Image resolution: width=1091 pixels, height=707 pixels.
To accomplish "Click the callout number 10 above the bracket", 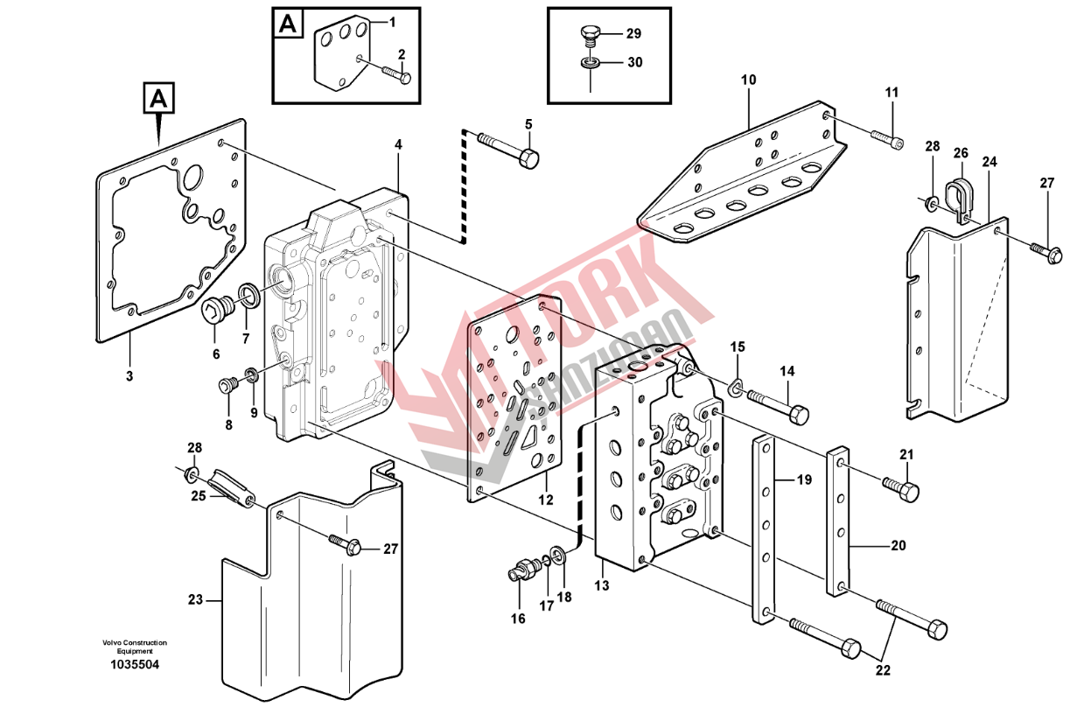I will click(748, 80).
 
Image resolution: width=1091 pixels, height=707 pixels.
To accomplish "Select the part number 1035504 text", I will click(134, 665).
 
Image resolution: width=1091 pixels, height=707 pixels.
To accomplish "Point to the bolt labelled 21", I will click(900, 488).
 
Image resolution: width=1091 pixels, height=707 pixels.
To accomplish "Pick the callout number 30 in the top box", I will click(634, 63).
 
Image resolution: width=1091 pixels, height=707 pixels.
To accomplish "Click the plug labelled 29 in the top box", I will click(591, 36).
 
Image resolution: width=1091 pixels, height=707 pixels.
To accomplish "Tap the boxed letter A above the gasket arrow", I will click(157, 99).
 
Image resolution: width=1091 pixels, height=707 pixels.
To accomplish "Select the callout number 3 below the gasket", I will click(129, 377).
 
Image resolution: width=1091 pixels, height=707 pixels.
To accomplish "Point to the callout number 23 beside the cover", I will click(195, 600).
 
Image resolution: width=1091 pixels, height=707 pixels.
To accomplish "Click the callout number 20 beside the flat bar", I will click(899, 547).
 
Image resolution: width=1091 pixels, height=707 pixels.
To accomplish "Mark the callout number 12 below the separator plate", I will click(546, 501).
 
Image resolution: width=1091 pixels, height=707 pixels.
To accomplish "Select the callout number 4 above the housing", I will click(398, 143).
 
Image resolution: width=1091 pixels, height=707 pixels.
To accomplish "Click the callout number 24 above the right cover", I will click(990, 162).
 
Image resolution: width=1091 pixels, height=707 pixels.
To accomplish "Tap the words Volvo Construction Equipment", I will click(134, 647).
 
